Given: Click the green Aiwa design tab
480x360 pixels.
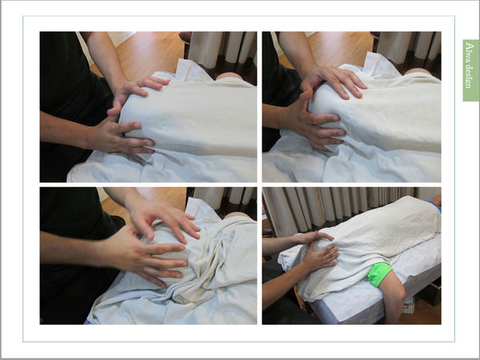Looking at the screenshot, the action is tap(471, 70).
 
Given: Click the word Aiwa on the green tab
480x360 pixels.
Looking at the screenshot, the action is tap(468, 50).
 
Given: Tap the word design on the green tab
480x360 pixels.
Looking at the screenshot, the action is tap(469, 74).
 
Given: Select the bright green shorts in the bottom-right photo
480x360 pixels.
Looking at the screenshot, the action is tap(379, 274).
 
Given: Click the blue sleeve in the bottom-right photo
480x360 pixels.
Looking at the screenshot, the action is tap(434, 206).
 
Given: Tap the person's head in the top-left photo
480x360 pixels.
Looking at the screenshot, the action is tap(229, 76).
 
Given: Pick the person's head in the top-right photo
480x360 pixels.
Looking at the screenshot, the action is tap(418, 71).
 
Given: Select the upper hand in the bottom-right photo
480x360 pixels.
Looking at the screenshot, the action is tap(315, 238).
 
